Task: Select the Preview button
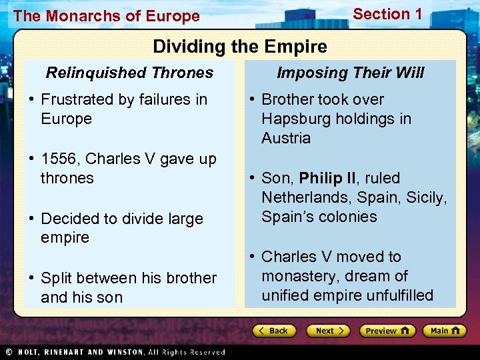387,331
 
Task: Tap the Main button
446,331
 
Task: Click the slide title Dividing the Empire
240,47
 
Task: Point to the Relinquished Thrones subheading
129,73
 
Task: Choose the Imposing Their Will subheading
350,73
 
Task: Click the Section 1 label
387,14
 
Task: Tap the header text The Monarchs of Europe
107,16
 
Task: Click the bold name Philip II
327,178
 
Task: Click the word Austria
286,138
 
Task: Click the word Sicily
425,197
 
